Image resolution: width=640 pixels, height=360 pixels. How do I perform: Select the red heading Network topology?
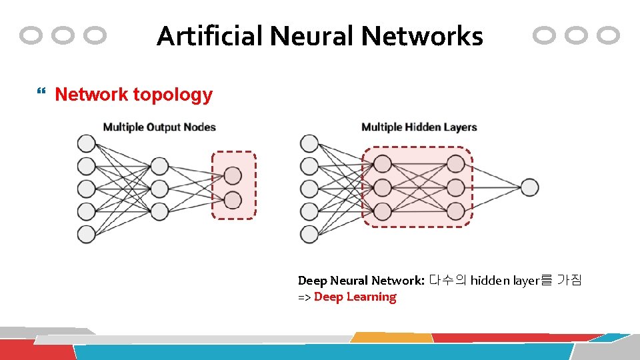[133, 95]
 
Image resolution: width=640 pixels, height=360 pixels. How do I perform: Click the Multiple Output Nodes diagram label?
[159, 127]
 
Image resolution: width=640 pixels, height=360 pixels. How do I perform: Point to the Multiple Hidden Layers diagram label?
[419, 127]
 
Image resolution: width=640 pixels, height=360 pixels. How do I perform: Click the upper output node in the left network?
[233, 175]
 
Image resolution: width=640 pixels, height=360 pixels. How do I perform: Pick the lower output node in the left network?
[233, 199]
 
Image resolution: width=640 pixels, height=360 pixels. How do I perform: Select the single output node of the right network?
[529, 187]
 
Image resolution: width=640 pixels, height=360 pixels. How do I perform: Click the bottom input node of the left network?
[86, 234]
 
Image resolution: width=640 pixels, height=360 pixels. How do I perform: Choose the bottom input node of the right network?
[309, 234]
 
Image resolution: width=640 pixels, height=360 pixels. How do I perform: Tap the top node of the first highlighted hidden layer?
[382, 164]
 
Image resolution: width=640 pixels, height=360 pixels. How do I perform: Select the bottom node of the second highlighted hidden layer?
[455, 211]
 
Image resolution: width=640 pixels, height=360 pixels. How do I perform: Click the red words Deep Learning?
[355, 297]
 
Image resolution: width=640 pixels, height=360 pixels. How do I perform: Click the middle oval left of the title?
[63, 35]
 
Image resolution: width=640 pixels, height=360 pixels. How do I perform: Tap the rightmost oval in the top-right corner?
[608, 35]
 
